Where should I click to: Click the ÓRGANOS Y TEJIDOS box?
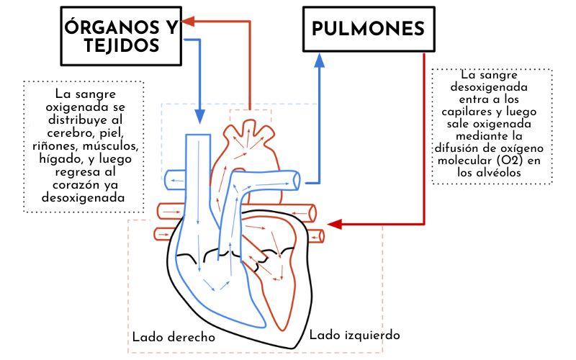(122, 36)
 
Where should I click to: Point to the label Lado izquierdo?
(354, 336)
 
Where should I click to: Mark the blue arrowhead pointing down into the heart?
(199, 115)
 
